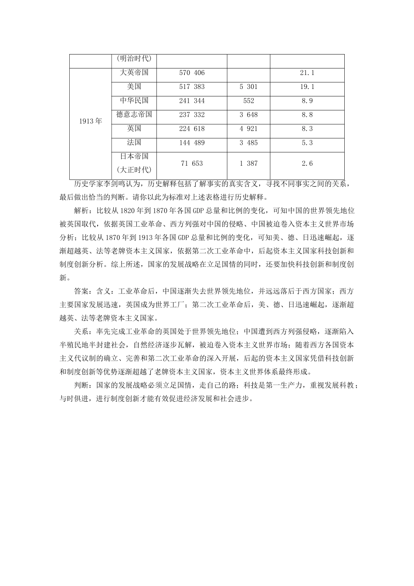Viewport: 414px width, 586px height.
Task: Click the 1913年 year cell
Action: [x=91, y=122]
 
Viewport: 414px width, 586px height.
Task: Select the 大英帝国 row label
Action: [x=134, y=73]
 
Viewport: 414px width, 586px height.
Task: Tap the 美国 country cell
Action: [x=134, y=87]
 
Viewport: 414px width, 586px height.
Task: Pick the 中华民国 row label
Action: [x=134, y=101]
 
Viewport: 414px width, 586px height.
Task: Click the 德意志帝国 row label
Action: [x=134, y=115]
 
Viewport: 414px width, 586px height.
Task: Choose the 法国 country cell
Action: [x=134, y=143]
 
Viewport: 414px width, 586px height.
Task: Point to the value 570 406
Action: [x=192, y=73]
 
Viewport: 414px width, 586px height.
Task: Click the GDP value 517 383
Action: [x=192, y=87]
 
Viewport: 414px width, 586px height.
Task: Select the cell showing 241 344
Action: [x=192, y=101]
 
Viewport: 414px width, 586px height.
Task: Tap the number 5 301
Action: [x=248, y=87]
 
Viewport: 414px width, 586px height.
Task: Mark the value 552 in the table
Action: [x=248, y=101]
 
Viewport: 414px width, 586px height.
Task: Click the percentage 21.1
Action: [x=307, y=73]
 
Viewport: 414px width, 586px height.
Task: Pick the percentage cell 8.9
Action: [x=307, y=101]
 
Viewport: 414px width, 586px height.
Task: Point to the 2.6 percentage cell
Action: [x=307, y=164]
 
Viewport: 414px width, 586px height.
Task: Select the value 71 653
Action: [x=192, y=164]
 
